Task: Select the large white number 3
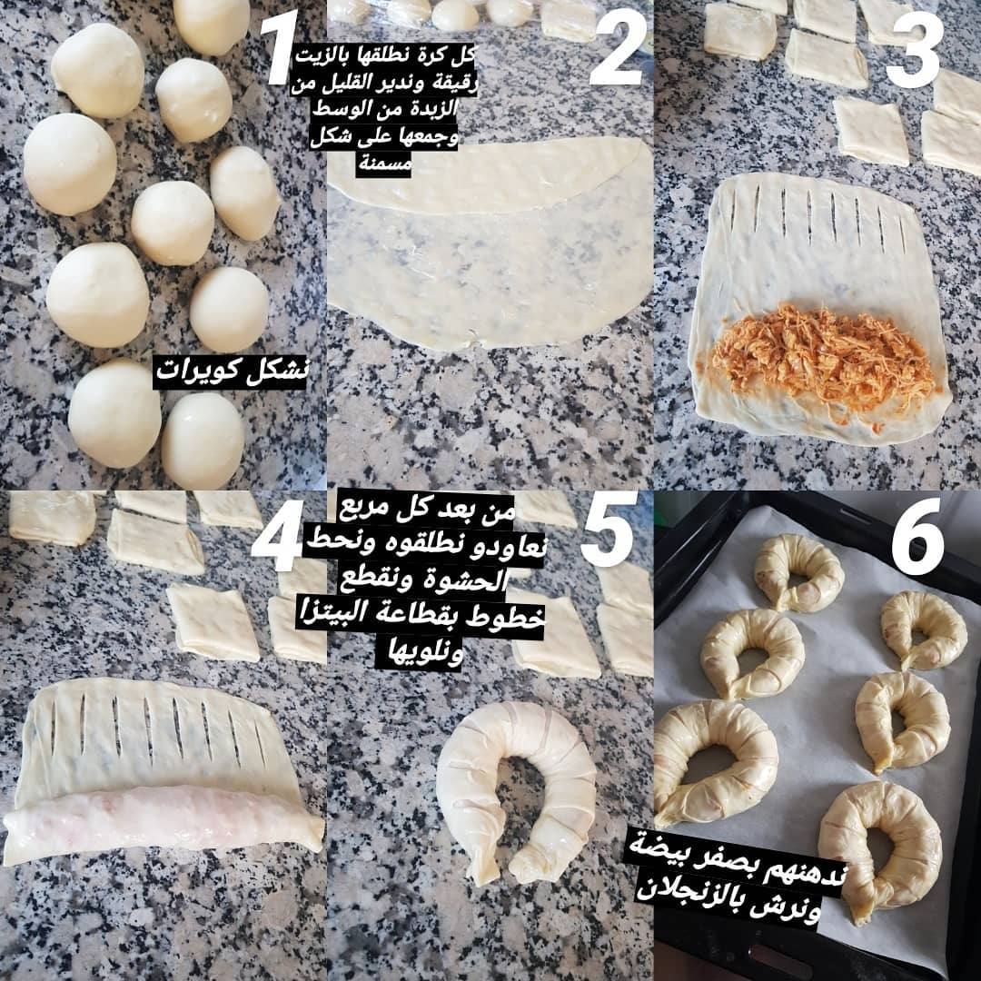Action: (x=915, y=50)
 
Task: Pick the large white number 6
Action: (x=917, y=536)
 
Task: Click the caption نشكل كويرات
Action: (x=231, y=371)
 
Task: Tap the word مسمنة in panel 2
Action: (x=384, y=163)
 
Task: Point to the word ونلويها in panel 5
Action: (x=419, y=653)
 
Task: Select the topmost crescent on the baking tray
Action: (x=798, y=572)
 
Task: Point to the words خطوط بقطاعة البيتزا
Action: (x=421, y=616)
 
